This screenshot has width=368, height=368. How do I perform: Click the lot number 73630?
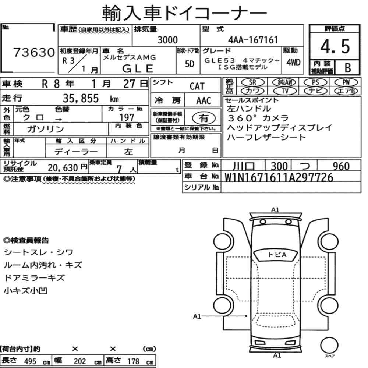click(x=34, y=52)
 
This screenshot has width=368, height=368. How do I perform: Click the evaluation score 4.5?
click(x=335, y=46)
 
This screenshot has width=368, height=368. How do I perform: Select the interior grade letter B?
click(x=348, y=68)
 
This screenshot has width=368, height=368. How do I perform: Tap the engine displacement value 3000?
click(x=167, y=40)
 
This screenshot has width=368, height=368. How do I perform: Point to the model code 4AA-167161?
click(x=253, y=40)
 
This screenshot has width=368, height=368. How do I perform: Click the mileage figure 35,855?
click(x=81, y=98)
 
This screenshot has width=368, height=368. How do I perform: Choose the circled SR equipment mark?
click(x=252, y=82)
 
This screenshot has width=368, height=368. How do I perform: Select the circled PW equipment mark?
click(x=346, y=82)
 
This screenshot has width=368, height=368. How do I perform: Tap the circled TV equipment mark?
click(x=285, y=91)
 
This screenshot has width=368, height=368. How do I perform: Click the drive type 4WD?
click(x=293, y=63)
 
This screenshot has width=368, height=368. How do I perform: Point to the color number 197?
click(x=127, y=117)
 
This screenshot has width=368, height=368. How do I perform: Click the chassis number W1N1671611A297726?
click(x=279, y=177)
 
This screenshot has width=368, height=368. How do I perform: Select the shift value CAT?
click(x=197, y=86)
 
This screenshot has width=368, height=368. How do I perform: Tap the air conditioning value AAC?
click(x=204, y=101)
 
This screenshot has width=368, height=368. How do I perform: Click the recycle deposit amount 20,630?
click(x=63, y=168)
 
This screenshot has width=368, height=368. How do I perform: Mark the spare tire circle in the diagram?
click(x=329, y=345)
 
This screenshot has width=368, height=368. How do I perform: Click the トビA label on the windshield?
click(x=277, y=255)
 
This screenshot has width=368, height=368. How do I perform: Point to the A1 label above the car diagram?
click(x=275, y=210)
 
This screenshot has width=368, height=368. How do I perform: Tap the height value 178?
click(x=133, y=361)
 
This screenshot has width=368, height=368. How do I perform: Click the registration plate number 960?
click(x=341, y=166)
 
